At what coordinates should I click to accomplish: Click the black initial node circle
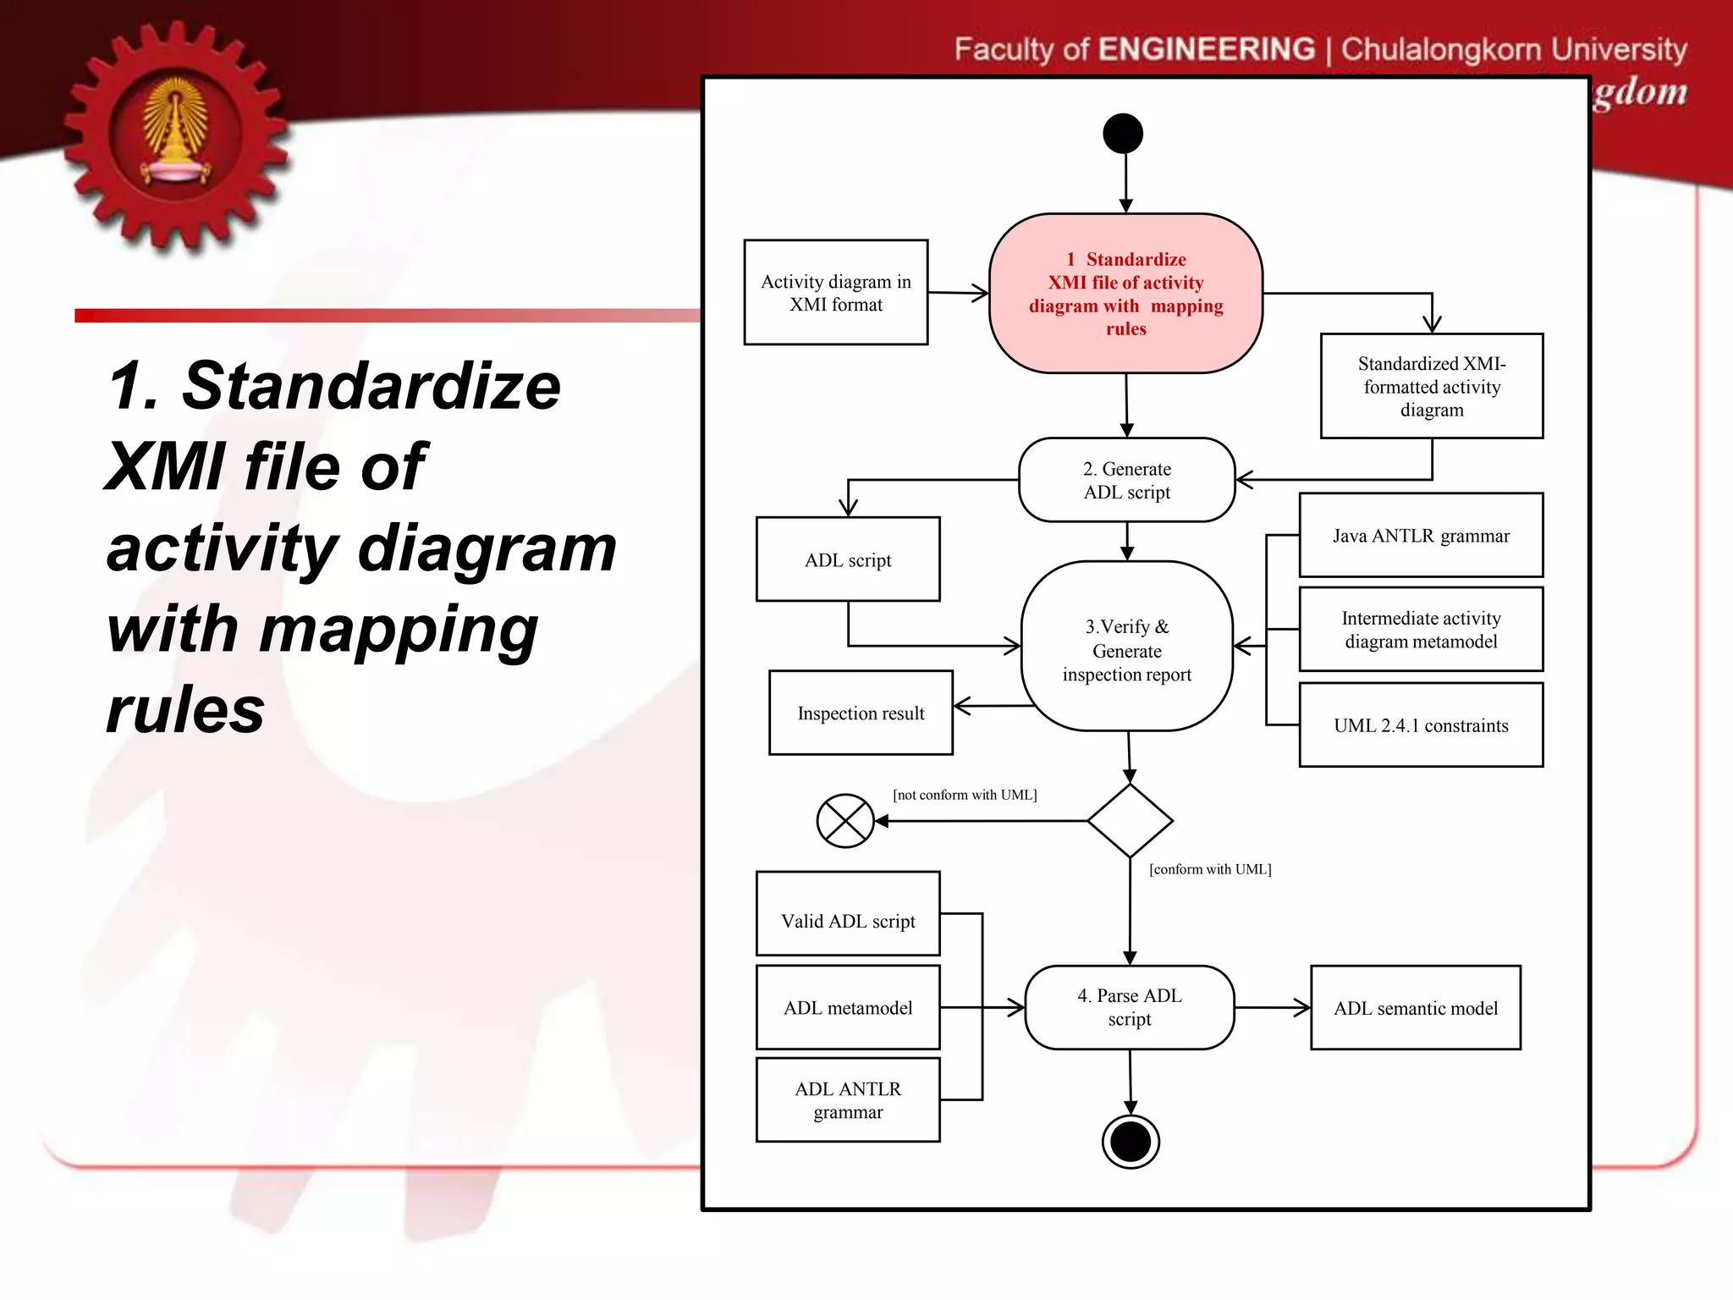pos(1123,134)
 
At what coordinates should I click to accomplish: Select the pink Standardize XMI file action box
pos(1125,293)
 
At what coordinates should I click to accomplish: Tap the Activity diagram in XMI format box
pos(836,293)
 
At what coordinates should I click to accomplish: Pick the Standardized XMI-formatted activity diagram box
pos(1432,386)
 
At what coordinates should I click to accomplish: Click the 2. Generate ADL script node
pos(1127,480)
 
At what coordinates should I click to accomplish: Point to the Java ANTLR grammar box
pos(1421,535)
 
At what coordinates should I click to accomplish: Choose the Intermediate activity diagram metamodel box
pos(1421,630)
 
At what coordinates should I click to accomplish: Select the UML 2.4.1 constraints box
pos(1421,725)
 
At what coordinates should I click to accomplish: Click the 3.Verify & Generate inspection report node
pos(1127,647)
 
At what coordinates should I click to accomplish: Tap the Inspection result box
pos(861,713)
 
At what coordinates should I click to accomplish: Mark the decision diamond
pos(1130,821)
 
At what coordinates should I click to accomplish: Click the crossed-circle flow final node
pos(845,821)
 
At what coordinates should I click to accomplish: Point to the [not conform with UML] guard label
pos(965,795)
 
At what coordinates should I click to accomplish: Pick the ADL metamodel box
pos(848,1008)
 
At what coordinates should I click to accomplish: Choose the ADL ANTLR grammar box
pos(848,1100)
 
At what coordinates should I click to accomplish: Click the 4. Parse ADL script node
pos(1130,1008)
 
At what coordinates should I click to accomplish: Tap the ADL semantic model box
pos(1416,1008)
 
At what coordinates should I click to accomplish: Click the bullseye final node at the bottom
pos(1131,1142)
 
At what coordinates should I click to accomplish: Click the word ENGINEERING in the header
pos(1207,49)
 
